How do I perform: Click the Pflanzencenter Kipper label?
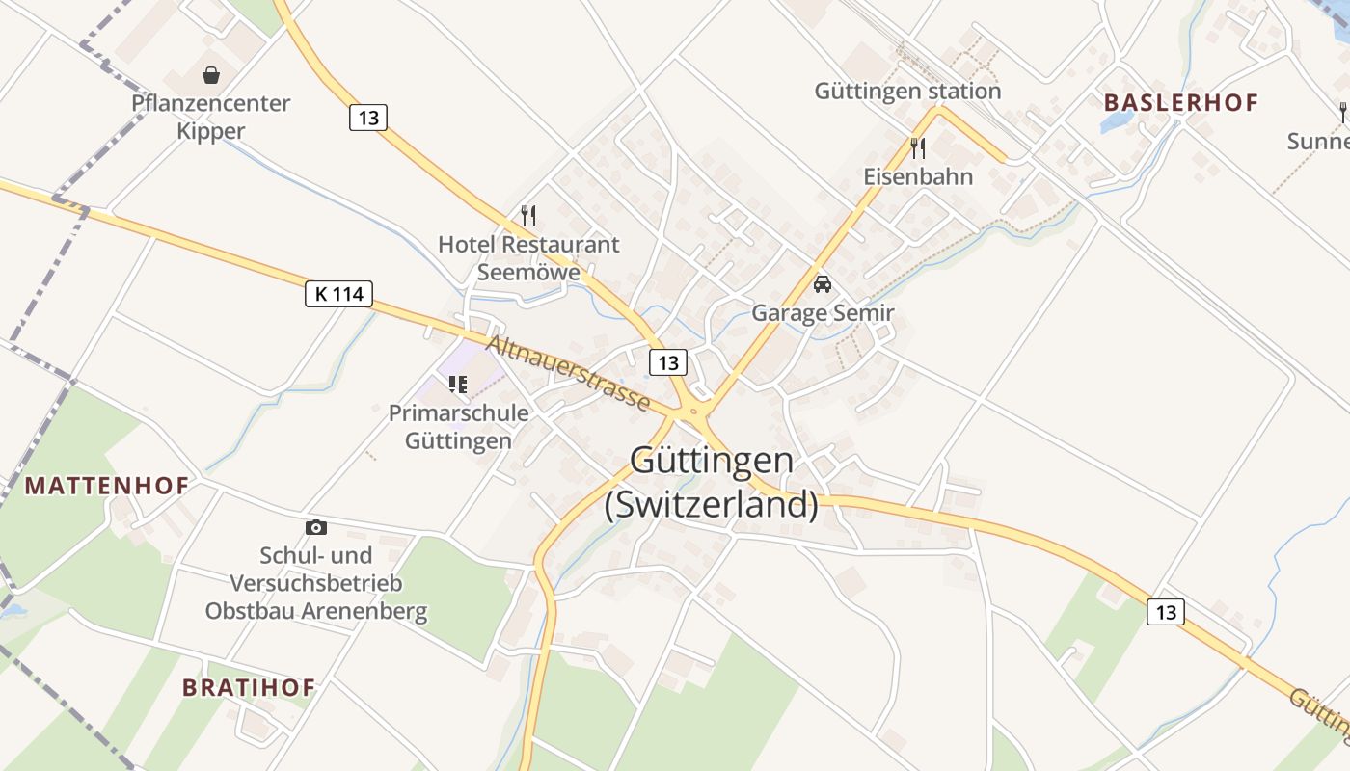pyautogui.click(x=211, y=117)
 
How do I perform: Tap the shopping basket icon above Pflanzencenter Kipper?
pyautogui.click(x=211, y=75)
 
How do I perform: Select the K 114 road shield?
pyautogui.click(x=338, y=294)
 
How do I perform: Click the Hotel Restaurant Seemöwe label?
pyautogui.click(x=528, y=257)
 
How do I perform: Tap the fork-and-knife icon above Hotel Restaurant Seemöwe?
pyautogui.click(x=527, y=215)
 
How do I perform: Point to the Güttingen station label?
pyautogui.click(x=907, y=92)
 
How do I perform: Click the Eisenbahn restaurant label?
pyautogui.click(x=918, y=177)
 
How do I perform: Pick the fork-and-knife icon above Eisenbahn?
pyautogui.click(x=918, y=147)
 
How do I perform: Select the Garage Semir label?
pyautogui.click(x=823, y=313)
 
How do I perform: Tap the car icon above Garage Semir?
pyautogui.click(x=823, y=284)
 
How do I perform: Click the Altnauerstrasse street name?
pyautogui.click(x=568, y=372)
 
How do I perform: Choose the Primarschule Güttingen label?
pyautogui.click(x=458, y=427)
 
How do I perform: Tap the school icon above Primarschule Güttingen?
pyautogui.click(x=458, y=385)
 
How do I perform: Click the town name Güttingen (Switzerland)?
pyautogui.click(x=712, y=482)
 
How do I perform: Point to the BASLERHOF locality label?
pyautogui.click(x=1181, y=103)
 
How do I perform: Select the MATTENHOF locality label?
pyautogui.click(x=106, y=485)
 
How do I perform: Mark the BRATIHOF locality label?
pyautogui.click(x=249, y=687)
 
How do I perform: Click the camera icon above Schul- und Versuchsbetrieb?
pyautogui.click(x=315, y=527)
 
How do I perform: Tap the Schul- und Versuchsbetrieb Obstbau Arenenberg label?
pyautogui.click(x=315, y=583)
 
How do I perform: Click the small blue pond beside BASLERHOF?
pyautogui.click(x=1118, y=121)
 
